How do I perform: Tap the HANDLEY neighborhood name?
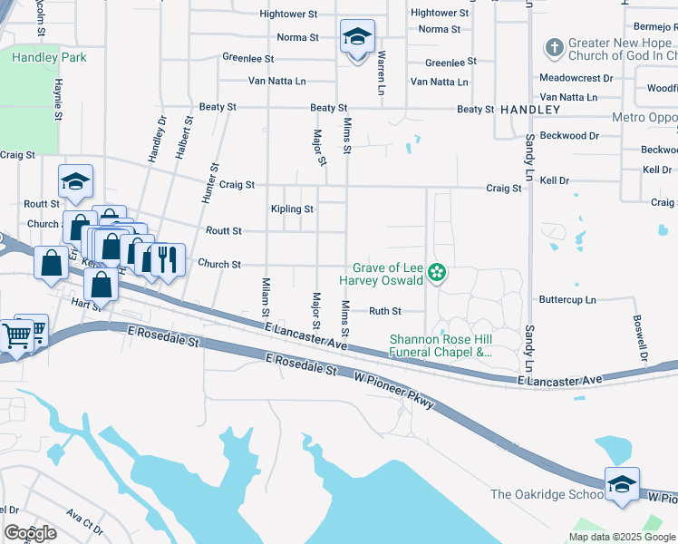[530, 109]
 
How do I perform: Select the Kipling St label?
[292, 209]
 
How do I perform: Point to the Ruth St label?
[384, 311]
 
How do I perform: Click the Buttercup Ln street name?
[568, 299]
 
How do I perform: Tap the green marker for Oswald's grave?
[437, 273]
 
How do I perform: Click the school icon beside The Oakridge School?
[622, 485]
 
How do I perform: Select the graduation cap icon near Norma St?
[357, 38]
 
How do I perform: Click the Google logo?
[30, 533]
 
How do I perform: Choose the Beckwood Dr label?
[569, 136]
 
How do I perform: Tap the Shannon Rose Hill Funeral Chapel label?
[441, 345]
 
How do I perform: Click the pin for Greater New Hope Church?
[553, 45]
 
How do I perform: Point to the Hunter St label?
[215, 181]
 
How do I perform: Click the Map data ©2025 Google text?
[621, 536]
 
